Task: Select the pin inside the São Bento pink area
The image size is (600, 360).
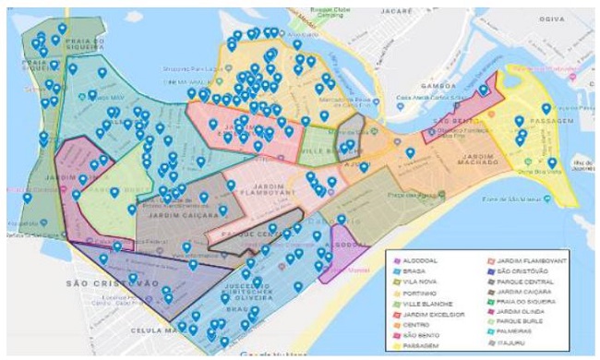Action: (484, 90)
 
